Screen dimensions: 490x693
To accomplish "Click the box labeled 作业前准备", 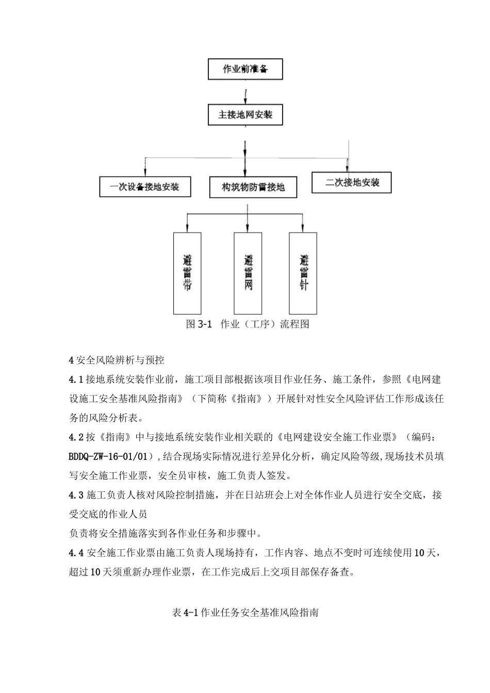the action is tap(245, 69).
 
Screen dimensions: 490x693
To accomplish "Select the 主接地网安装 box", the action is tap(245, 114).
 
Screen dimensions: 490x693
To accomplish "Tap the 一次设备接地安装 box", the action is tap(145, 187).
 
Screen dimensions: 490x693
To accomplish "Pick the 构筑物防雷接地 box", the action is tap(253, 187).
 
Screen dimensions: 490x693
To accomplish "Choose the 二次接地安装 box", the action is tap(352, 183).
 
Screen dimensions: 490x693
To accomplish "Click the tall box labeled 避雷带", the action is tap(187, 273).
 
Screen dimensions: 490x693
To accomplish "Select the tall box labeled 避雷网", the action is tap(248, 273).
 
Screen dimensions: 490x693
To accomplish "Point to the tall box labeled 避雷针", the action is tap(303, 273).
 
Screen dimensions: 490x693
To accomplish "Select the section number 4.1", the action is tap(76, 380).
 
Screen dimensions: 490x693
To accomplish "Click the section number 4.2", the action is tap(76, 437).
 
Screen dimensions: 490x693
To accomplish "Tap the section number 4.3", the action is tap(76, 495).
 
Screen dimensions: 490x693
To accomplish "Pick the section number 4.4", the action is tap(76, 553).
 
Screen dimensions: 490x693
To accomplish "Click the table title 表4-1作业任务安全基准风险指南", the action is tap(245, 613).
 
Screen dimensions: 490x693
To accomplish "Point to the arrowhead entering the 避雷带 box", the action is tap(187, 227).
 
